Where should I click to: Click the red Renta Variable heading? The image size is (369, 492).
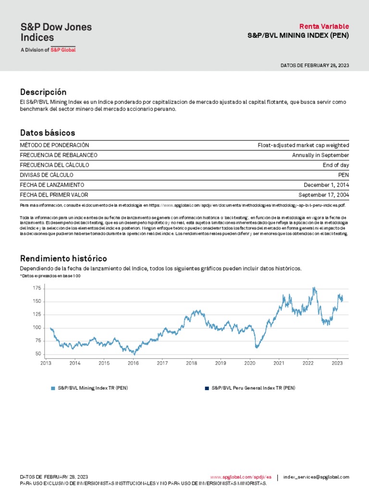(324, 26)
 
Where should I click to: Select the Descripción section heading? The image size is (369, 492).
(43, 92)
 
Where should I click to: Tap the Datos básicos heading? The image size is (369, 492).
(48, 133)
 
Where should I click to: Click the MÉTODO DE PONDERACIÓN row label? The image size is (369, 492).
(54, 145)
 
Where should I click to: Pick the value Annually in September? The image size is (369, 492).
(320, 155)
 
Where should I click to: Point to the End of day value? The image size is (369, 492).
(336, 165)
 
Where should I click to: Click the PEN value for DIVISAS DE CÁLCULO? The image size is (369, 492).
(344, 175)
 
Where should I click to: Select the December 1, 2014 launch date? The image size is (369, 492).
(326, 185)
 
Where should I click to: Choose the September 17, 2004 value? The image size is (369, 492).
(323, 195)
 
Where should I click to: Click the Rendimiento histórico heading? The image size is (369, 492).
(63, 259)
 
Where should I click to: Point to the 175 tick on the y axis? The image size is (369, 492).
(37, 288)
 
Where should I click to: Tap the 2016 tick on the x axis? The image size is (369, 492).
(133, 363)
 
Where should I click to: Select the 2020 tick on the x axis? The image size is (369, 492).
(250, 363)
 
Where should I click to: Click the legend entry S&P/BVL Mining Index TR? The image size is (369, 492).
(93, 388)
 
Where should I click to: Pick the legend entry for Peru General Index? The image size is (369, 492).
(253, 388)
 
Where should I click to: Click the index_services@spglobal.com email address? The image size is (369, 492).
(316, 477)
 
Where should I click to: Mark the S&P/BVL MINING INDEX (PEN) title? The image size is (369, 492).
(298, 36)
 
